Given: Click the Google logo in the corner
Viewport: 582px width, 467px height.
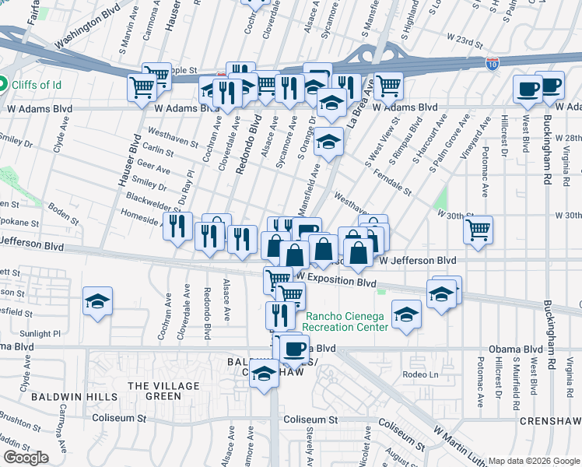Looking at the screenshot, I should click(x=26, y=458).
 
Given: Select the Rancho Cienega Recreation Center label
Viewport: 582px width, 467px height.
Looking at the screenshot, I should click(x=346, y=321).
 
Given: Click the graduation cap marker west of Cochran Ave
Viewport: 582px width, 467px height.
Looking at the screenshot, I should click(x=98, y=301).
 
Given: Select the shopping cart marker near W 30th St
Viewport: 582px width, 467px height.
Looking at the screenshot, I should click(x=478, y=229).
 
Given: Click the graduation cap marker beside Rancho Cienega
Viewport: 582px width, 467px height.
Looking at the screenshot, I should click(x=405, y=314).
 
